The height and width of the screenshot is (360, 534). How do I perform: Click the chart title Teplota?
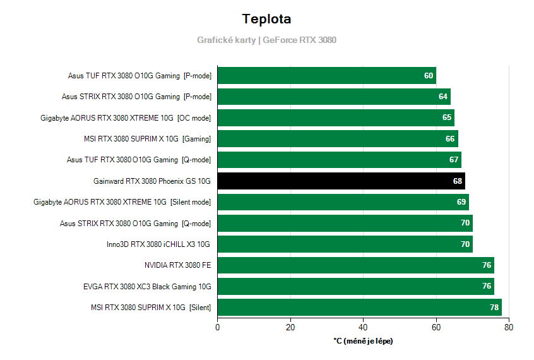(x=266, y=19)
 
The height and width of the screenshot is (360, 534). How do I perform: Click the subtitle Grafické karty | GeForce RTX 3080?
(x=266, y=40)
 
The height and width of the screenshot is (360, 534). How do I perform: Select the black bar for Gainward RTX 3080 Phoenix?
(x=341, y=181)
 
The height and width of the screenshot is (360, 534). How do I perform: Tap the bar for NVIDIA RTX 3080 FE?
(x=355, y=265)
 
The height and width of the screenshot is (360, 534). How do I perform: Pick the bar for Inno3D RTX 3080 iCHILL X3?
(x=345, y=244)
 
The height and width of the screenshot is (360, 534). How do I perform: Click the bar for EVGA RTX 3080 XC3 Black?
(x=355, y=287)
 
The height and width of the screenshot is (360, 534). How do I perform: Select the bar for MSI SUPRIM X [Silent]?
(x=359, y=308)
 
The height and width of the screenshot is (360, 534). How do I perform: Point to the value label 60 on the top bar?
(x=429, y=76)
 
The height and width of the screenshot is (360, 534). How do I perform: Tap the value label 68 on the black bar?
(x=458, y=181)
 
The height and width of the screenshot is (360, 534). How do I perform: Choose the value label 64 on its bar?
(x=443, y=97)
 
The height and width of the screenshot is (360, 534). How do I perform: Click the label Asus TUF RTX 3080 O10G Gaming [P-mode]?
(x=139, y=76)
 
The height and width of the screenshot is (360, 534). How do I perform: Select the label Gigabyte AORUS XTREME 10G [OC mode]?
(x=126, y=118)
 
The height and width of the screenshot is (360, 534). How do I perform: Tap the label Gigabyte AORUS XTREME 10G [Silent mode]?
(x=122, y=202)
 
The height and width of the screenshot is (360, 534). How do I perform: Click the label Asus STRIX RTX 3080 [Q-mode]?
(x=136, y=224)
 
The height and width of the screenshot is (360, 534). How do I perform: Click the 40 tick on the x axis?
(x=363, y=327)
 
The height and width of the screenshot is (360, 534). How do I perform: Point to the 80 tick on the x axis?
(x=509, y=327)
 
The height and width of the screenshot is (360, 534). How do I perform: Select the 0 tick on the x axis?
(x=218, y=327)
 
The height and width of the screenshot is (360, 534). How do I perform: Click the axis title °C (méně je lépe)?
(x=363, y=341)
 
